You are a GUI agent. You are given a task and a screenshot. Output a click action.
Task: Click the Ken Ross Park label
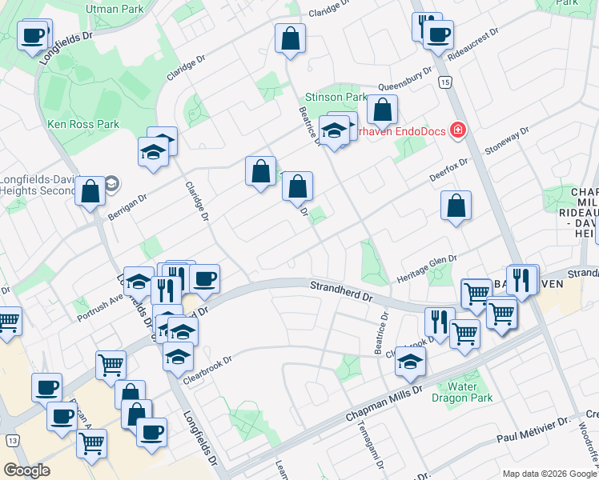coord(83,124)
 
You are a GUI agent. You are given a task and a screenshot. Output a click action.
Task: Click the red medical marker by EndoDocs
coord(458,130)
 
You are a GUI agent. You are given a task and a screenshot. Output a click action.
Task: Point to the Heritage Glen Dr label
coord(427,269)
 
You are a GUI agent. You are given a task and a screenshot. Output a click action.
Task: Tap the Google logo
coord(27,470)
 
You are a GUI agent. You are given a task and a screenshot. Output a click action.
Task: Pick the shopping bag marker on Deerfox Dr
coord(456,206)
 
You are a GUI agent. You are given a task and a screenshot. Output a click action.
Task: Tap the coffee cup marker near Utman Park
coord(34,36)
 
